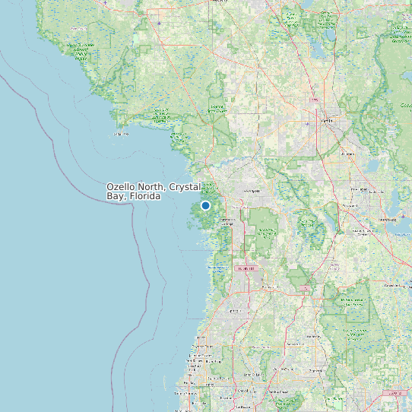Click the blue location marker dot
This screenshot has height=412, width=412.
[205, 205]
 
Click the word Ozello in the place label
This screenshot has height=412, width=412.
[122, 187]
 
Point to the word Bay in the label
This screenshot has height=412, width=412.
[116, 196]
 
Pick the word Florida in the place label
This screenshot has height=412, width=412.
[144, 196]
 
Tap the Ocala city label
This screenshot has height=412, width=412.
[328, 120]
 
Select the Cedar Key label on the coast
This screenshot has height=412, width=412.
[122, 134]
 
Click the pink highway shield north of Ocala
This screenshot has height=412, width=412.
[312, 100]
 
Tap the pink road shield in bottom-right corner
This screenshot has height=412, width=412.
[393, 393]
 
